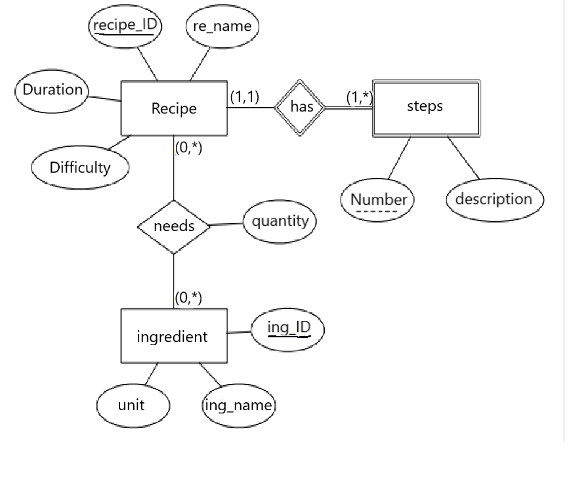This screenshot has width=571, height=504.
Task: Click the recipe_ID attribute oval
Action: (x=125, y=27)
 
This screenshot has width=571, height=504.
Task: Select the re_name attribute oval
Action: (x=222, y=27)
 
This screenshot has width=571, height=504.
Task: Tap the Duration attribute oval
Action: (x=52, y=90)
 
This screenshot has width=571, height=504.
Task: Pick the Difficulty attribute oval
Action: (x=80, y=167)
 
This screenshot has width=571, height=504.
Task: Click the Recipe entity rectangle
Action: (x=174, y=108)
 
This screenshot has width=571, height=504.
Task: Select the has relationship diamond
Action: (x=301, y=107)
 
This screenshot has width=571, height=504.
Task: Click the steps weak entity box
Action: (x=425, y=108)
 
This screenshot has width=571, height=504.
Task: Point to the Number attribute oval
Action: (x=377, y=200)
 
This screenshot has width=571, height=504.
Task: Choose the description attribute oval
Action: (x=494, y=199)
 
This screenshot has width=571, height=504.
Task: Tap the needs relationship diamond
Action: (x=174, y=226)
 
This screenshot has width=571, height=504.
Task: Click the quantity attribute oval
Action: (x=280, y=221)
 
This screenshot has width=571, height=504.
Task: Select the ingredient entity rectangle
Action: (x=173, y=336)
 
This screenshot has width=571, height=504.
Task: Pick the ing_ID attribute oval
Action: (x=289, y=327)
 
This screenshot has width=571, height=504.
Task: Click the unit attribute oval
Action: (x=132, y=406)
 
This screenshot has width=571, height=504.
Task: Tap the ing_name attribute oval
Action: (x=238, y=406)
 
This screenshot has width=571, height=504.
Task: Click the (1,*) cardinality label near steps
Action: (x=359, y=98)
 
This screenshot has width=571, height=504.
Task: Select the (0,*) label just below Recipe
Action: (x=189, y=148)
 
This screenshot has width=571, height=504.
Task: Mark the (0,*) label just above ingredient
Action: (x=189, y=298)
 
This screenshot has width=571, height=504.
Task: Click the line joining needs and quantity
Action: (x=226, y=224)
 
